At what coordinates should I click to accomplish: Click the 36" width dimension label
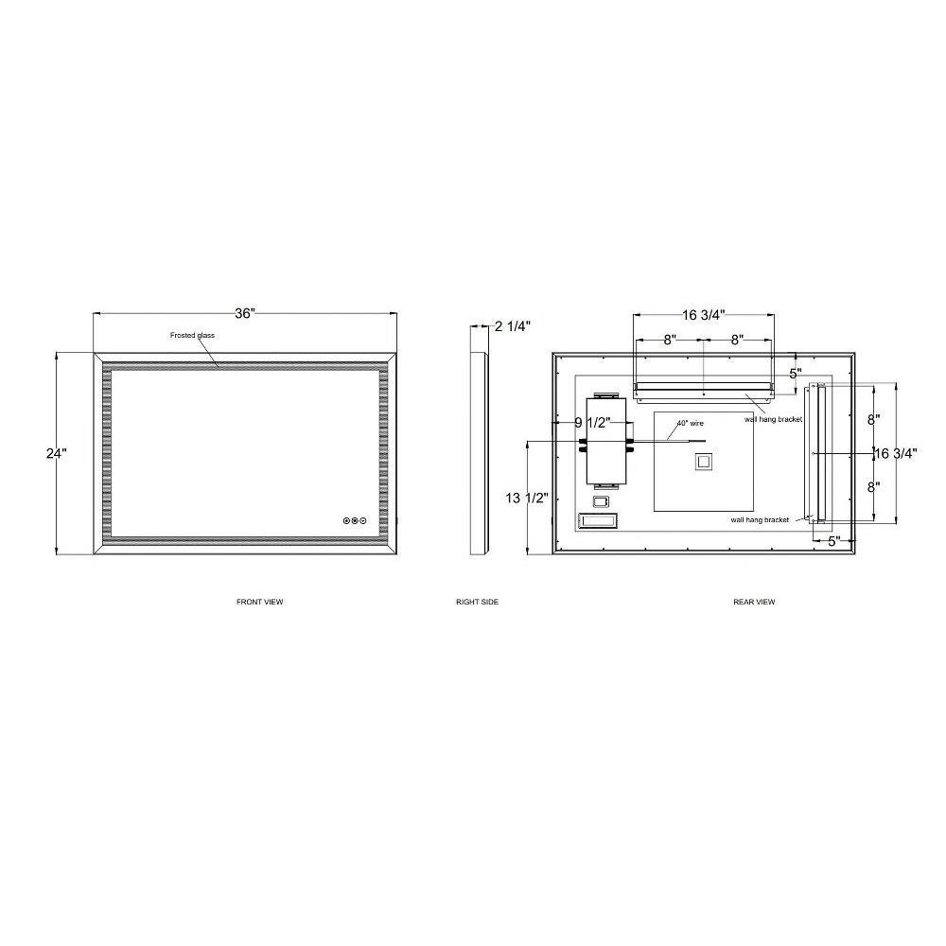tap(245, 314)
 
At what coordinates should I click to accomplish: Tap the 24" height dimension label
tap(56, 453)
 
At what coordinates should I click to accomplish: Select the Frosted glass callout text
tap(192, 336)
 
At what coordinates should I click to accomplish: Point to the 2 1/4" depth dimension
tap(513, 326)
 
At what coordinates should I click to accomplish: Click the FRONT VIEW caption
tap(259, 602)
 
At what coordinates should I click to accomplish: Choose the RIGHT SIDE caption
tap(477, 602)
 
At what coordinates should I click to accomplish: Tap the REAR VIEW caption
tap(754, 602)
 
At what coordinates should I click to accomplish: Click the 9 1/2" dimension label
tap(592, 423)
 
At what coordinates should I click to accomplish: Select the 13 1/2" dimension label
tap(527, 498)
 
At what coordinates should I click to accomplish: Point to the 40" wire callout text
tap(691, 424)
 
